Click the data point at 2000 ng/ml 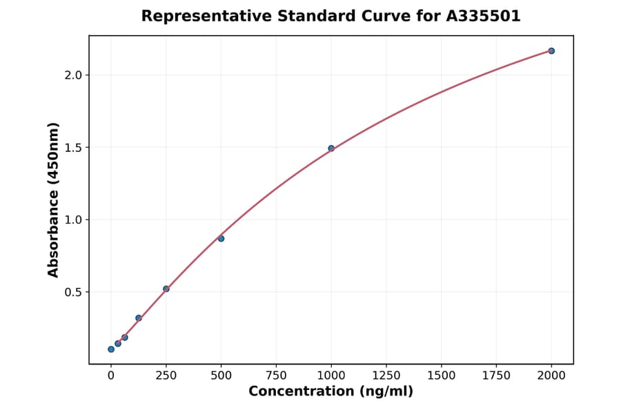tap(551, 51)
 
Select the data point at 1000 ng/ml tap(331, 148)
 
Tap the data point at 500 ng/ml tap(221, 239)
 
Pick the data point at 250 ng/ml tap(166, 289)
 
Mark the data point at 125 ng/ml tap(139, 318)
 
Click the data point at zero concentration tap(111, 349)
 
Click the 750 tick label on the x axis tap(276, 375)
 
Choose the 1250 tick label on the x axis tap(386, 375)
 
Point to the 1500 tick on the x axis tap(442, 375)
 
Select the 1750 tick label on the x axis tap(496, 375)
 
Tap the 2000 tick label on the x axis tap(551, 375)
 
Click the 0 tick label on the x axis tap(111, 375)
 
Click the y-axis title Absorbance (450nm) tap(53, 200)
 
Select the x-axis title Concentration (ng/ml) tap(331, 392)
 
